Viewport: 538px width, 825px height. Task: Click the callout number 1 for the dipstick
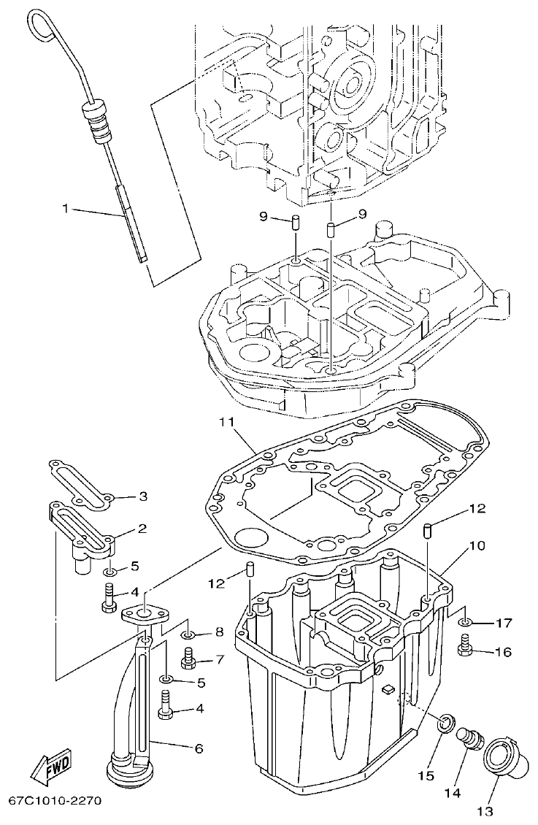pos(65,209)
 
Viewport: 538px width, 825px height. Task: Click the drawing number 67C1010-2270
pos(55,801)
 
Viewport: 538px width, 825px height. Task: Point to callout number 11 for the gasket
pos(226,422)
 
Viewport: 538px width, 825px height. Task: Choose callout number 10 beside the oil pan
pos(476,545)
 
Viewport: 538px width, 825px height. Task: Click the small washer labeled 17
pos(465,623)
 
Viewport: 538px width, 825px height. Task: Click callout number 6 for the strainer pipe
pos(199,748)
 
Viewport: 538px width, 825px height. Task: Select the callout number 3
pos(143,496)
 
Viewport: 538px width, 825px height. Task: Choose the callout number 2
pos(143,528)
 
